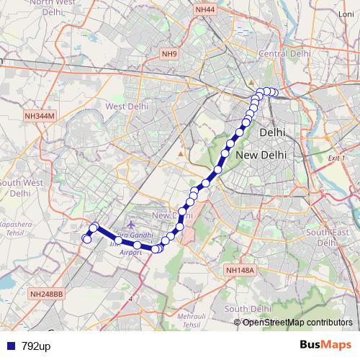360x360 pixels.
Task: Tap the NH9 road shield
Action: click(x=169, y=54)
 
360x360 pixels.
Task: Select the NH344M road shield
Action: click(x=39, y=115)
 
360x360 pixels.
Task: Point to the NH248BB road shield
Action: click(x=47, y=294)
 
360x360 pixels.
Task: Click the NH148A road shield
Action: click(x=240, y=270)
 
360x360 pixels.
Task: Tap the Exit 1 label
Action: click(x=336, y=158)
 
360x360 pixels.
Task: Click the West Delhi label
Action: click(x=126, y=107)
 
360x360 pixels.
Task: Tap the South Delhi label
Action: click(x=246, y=309)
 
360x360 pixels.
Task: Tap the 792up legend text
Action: click(x=35, y=346)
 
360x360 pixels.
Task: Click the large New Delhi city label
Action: click(x=261, y=156)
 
